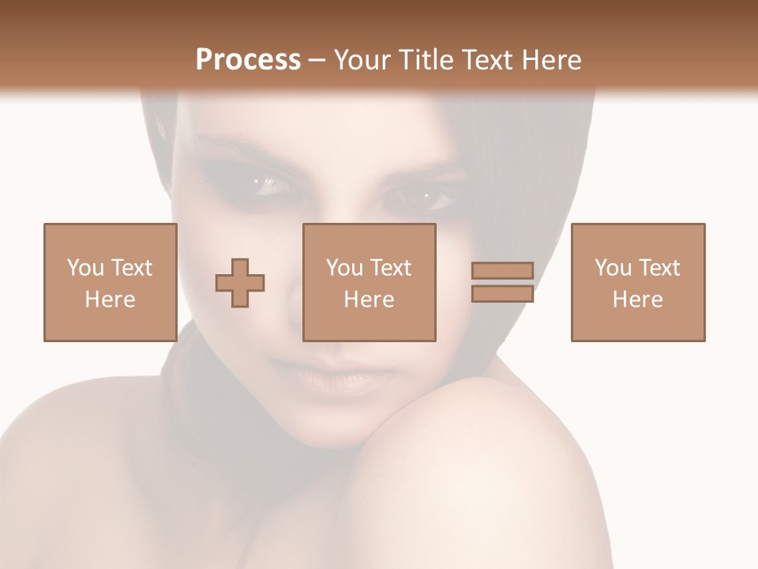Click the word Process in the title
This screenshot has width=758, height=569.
point(248,59)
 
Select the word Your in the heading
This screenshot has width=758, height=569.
point(361,59)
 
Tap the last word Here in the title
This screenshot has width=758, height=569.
point(551,59)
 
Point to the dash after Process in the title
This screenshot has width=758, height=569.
point(317,60)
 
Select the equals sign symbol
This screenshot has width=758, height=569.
point(502,282)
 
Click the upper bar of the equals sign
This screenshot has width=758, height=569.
point(502,271)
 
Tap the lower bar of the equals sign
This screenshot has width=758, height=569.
point(502,293)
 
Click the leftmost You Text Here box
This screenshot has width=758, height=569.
point(110,282)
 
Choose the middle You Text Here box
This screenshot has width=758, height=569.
point(369,282)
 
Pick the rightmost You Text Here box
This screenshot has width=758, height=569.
point(637,282)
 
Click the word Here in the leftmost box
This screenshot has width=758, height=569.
point(110,299)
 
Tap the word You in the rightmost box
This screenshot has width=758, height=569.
point(613,268)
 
